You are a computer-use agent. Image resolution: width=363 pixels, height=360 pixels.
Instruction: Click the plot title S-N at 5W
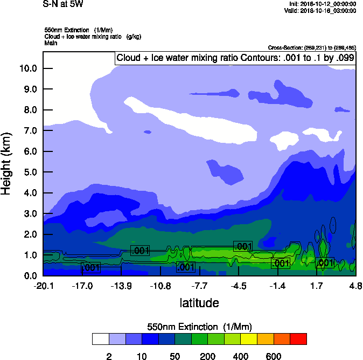(63, 4)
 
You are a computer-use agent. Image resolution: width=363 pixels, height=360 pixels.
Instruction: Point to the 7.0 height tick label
(30, 130)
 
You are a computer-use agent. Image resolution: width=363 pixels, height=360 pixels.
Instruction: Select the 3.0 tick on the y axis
(30, 214)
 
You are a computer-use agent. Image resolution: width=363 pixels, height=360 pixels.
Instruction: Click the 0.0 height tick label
(30, 276)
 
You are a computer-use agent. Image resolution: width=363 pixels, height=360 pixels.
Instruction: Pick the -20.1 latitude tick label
(43, 285)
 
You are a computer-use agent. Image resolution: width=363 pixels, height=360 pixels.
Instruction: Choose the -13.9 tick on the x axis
(121, 285)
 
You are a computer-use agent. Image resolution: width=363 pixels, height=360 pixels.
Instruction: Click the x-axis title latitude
(199, 303)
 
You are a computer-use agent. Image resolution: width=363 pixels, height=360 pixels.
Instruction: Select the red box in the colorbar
(298, 339)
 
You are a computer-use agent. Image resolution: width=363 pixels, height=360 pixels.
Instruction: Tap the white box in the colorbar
(100, 339)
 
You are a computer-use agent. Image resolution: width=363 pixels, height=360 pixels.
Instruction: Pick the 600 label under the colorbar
(274, 356)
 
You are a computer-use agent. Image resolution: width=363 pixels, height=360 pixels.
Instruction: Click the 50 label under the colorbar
(174, 356)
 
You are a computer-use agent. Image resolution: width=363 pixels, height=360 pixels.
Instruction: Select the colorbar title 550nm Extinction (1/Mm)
(199, 327)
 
